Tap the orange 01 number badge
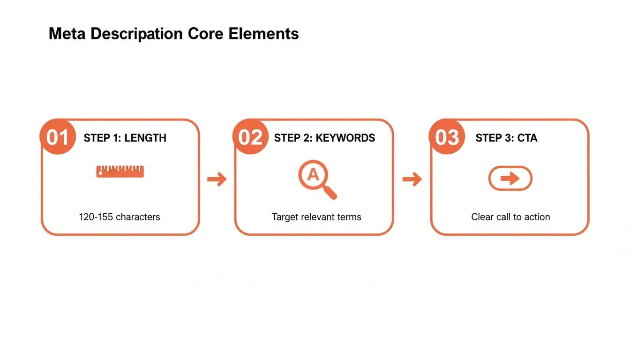click(58, 137)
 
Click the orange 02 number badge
click(250, 137)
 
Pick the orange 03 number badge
click(447, 137)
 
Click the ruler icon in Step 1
click(120, 171)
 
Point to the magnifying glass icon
click(317, 180)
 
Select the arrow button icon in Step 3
click(510, 178)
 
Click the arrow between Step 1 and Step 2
click(217, 179)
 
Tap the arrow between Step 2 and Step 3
click(412, 179)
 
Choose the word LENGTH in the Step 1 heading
click(145, 138)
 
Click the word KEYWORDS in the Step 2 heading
click(345, 138)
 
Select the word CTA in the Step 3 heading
click(527, 138)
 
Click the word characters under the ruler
click(138, 217)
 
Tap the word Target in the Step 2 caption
click(285, 217)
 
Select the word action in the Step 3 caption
click(537, 217)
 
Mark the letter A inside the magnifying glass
click(313, 175)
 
